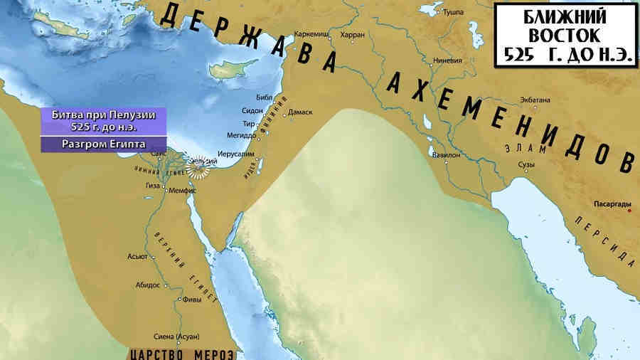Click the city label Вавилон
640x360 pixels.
point(442,154)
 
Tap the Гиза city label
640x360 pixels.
point(153,185)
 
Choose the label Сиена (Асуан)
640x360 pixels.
point(176,336)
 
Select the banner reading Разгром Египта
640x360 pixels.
point(104,144)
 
